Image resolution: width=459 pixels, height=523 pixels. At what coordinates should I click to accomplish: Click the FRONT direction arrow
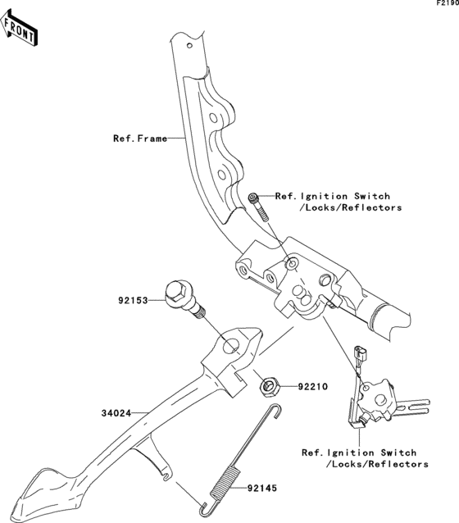point(19,28)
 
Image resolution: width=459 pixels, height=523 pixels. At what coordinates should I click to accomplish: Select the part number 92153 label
point(133,301)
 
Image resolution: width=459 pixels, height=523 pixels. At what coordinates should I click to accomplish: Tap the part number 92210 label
point(313,387)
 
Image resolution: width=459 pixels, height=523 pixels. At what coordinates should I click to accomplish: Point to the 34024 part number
point(116,413)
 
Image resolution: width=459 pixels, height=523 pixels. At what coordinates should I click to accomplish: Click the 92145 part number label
point(262,489)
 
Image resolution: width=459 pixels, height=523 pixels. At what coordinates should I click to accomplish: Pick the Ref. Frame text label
point(140,139)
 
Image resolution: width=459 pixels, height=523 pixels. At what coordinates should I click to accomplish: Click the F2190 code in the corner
point(448,3)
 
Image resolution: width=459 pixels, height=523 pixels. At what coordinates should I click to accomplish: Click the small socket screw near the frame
point(258,207)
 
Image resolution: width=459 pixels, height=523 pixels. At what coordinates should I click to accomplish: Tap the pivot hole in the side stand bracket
point(231,346)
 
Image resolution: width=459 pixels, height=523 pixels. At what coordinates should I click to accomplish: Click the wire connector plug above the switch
point(361,352)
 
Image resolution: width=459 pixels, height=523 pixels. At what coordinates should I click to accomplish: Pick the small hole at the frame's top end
point(189,45)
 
